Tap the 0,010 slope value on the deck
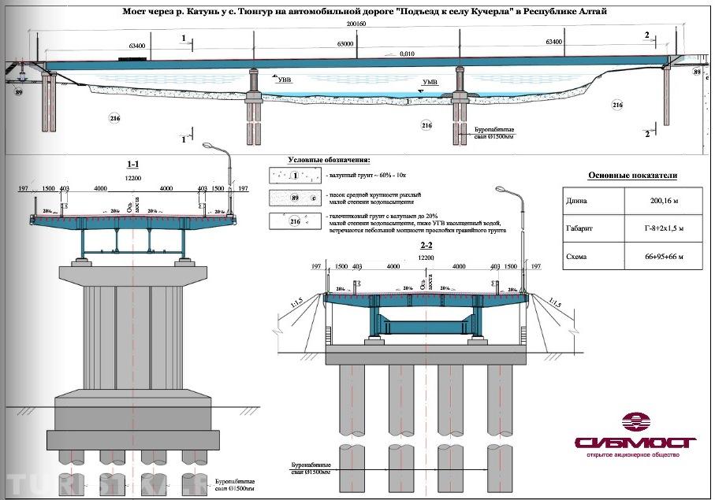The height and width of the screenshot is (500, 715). click(x=406, y=54)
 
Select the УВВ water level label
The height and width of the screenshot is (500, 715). click(x=283, y=80)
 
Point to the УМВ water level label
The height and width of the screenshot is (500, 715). click(x=430, y=82)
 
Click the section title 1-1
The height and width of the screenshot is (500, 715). click(x=133, y=164)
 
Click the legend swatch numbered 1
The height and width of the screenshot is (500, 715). click(x=293, y=176)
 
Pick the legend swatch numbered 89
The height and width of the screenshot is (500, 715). click(x=293, y=198)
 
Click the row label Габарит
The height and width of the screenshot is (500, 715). click(x=582, y=229)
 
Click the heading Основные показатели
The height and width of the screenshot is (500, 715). click(x=632, y=176)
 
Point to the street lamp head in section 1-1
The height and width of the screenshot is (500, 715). click(x=210, y=146)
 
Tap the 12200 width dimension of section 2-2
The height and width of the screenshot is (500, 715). click(x=426, y=257)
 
